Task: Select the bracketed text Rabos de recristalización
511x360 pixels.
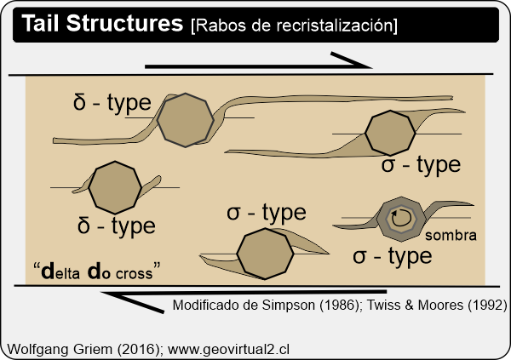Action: (294, 26)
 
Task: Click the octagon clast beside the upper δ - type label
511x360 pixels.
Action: (187, 120)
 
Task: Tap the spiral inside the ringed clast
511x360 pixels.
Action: (399, 220)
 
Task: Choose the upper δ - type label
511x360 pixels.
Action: (112, 103)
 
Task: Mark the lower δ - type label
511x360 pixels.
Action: (116, 226)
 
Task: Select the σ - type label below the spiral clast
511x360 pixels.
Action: (393, 255)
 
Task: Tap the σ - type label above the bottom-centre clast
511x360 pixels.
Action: (267, 213)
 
